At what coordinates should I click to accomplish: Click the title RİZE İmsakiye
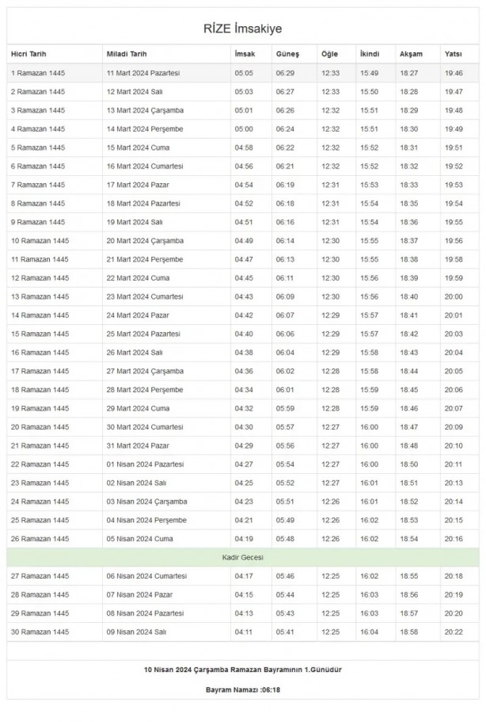243,29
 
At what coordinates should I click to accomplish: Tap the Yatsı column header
454,54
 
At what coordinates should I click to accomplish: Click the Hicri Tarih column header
28,54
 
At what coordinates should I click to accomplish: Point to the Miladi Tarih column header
126,54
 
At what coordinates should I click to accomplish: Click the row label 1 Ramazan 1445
37,73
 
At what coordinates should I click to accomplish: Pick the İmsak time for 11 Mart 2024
244,73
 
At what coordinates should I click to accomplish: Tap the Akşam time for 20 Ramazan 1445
409,426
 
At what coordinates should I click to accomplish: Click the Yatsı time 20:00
454,296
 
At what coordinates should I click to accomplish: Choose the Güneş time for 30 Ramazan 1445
285,632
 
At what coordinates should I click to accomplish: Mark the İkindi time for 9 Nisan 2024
370,632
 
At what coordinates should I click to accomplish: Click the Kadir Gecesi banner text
243,557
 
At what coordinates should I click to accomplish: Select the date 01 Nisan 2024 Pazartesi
145,464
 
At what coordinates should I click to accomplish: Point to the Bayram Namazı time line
243,690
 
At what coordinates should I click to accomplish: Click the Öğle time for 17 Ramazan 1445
330,371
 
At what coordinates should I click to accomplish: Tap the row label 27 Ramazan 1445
40,576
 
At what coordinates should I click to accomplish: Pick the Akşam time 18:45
409,389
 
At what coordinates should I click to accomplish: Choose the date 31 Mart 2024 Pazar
138,445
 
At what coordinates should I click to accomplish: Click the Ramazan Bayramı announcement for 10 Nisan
243,669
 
